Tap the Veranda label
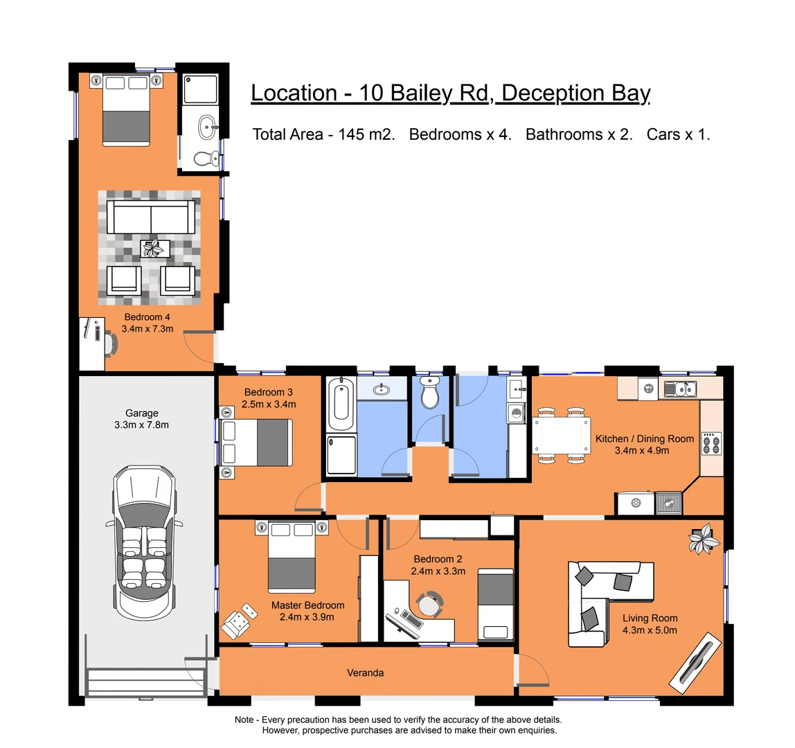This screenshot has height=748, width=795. (365, 673)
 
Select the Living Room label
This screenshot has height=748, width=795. (650, 618)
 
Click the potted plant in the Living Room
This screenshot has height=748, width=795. (704, 539)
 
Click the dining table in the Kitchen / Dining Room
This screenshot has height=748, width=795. (562, 436)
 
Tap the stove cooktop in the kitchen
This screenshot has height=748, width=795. (711, 443)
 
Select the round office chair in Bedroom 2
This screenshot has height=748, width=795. (430, 604)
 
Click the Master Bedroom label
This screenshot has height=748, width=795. (307, 605)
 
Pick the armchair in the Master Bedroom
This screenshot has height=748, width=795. (238, 623)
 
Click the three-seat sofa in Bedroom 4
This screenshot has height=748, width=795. (151, 217)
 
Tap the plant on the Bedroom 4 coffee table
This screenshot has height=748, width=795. (154, 247)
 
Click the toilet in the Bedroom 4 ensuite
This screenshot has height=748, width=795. (203, 158)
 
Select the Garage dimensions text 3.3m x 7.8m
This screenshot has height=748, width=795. (141, 425)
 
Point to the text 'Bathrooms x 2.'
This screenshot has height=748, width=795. (579, 134)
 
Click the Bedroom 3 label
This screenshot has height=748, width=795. (269, 392)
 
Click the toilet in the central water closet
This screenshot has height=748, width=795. (430, 394)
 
